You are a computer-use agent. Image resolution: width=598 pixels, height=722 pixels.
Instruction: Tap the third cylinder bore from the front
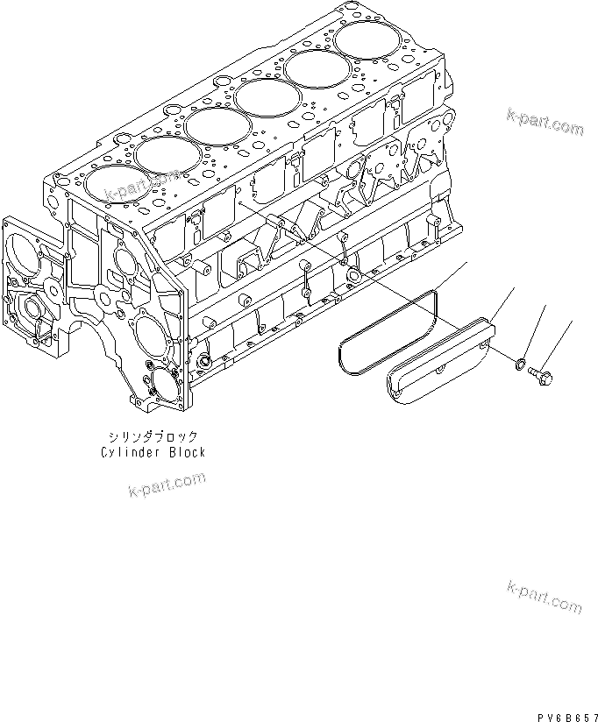[x=219, y=126]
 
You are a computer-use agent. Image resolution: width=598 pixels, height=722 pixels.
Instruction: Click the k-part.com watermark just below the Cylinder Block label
[x=166, y=485]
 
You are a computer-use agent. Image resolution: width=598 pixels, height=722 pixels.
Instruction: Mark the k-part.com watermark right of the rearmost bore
[x=544, y=123]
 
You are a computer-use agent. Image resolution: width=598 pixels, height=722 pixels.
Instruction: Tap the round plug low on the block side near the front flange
[x=206, y=360]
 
